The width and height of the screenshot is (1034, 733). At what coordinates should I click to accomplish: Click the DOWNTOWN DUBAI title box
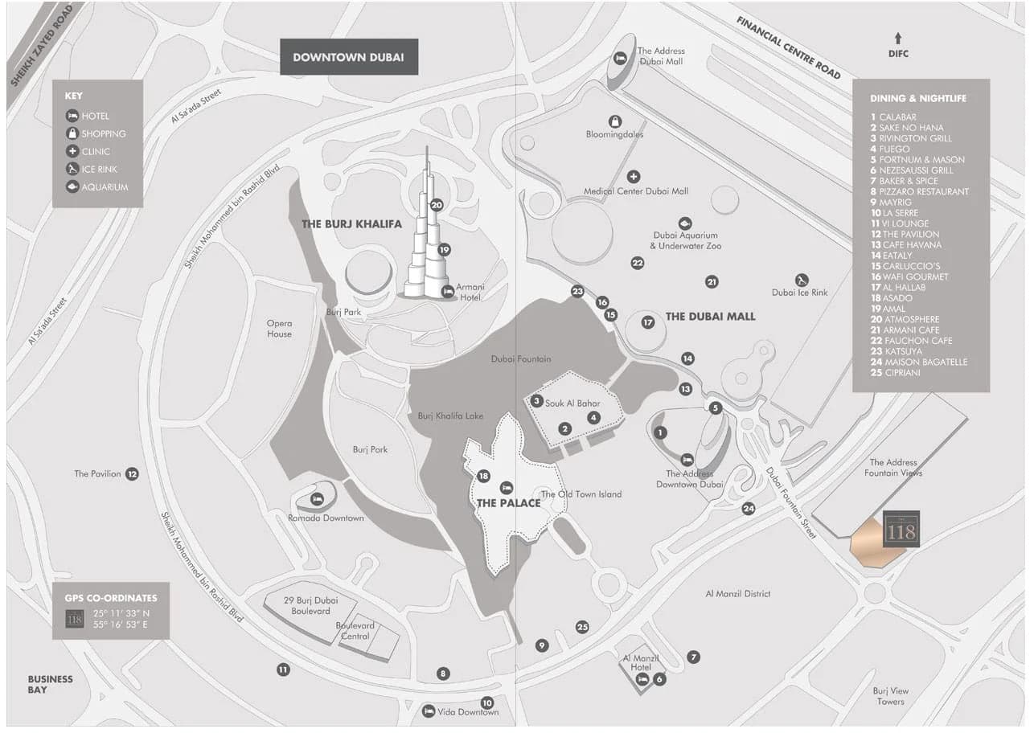tap(348, 57)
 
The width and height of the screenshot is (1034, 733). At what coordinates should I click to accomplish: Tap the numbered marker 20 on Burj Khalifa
tap(437, 205)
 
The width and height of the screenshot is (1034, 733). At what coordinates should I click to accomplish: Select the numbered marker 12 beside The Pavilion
tap(132, 474)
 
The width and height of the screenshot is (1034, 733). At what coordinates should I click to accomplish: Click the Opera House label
tap(280, 329)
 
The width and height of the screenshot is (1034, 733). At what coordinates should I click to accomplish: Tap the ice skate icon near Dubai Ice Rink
tap(802, 280)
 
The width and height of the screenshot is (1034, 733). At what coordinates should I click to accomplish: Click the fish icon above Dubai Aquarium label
tap(684, 223)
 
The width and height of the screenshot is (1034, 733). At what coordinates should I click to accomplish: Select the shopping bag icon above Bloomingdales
tap(615, 121)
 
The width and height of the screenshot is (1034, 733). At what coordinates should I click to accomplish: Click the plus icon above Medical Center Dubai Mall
tap(634, 176)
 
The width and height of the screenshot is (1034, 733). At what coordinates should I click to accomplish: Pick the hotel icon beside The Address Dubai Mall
tap(620, 58)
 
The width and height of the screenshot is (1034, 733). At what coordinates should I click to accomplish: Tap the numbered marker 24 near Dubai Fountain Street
tap(749, 508)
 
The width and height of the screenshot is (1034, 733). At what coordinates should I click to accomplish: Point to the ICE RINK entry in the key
tap(97, 170)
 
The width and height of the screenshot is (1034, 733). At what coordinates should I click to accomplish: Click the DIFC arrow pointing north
tap(898, 38)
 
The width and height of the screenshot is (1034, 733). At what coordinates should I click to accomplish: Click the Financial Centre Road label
tap(788, 48)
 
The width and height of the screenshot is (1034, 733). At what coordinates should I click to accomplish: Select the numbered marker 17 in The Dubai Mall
tap(648, 322)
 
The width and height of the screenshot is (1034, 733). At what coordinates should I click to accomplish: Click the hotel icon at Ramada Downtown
tap(317, 499)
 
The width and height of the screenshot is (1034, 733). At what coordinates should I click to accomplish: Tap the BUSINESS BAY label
tap(50, 684)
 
